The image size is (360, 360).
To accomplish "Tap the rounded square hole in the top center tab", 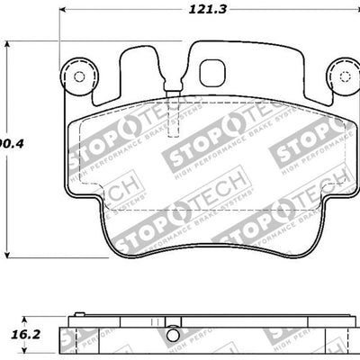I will pyautogui.click(x=213, y=71).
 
